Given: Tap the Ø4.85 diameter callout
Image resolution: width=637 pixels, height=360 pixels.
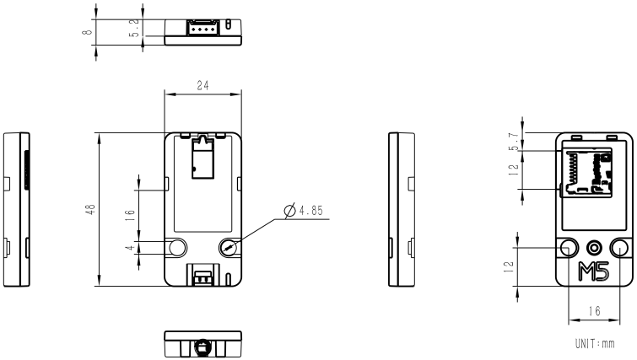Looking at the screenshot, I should point(305,209).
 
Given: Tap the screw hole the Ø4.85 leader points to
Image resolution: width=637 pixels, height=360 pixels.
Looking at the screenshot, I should point(229,247).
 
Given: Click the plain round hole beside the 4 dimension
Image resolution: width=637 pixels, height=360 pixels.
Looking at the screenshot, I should point(178,247).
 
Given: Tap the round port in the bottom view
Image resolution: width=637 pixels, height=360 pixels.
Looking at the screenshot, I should point(203,346).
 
